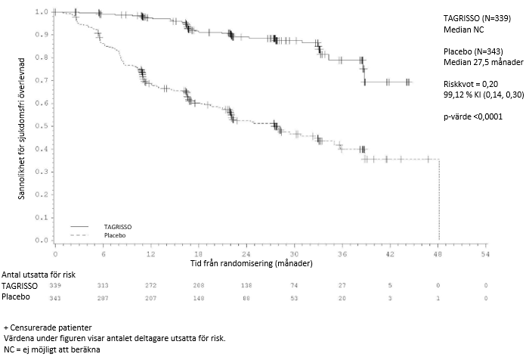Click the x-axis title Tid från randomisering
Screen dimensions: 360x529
pos(250,264)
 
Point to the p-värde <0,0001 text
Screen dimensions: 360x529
pos(473,116)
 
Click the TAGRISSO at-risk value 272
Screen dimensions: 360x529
pos(151,285)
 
